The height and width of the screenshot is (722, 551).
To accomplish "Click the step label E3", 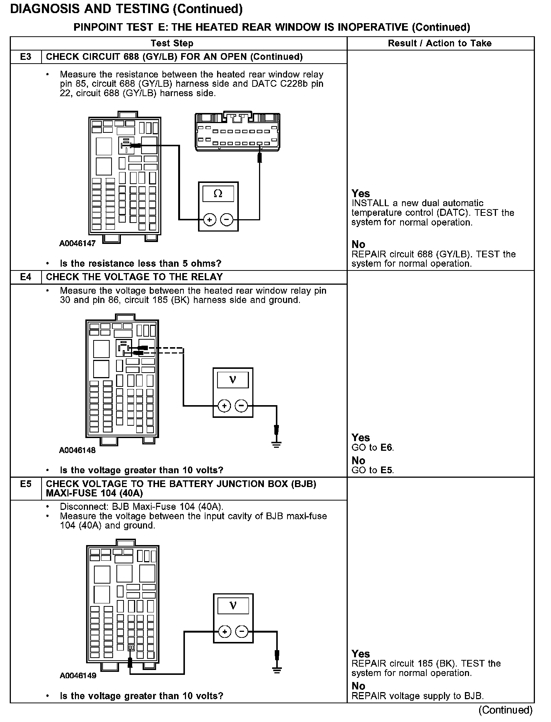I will [x=26, y=57].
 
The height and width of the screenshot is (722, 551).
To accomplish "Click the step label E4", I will [x=26, y=277].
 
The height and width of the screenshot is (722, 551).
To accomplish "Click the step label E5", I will [x=26, y=484].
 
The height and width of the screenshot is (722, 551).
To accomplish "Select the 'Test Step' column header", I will [x=172, y=43].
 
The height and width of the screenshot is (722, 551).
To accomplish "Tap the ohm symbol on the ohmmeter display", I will [x=218, y=194].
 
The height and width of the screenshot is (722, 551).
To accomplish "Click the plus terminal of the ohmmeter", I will [x=210, y=220].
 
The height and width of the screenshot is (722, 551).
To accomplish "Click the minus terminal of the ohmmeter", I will [x=227, y=220].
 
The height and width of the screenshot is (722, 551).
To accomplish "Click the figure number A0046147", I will [x=77, y=244].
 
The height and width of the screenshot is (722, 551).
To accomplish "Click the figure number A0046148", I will [x=77, y=450].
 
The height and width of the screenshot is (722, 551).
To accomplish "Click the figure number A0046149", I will [x=78, y=676].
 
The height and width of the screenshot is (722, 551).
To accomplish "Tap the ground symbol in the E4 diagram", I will [x=277, y=444].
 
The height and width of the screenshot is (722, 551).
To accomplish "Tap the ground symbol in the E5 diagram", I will [x=277, y=670].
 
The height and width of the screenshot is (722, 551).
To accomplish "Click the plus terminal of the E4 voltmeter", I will [x=224, y=406].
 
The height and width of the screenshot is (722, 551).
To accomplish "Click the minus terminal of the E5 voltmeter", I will [x=242, y=632].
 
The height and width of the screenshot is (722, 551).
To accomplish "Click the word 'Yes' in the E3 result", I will [x=361, y=194].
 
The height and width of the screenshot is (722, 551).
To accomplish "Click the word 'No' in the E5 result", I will [x=359, y=686].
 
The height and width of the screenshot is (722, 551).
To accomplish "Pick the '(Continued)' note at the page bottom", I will [x=505, y=710].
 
